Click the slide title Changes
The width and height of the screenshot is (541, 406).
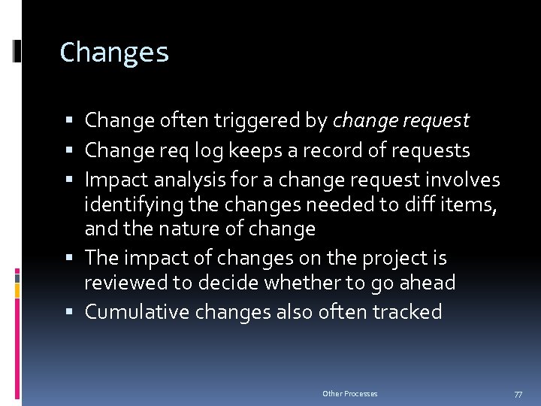[x=114, y=53]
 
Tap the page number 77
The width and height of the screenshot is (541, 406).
[x=518, y=394]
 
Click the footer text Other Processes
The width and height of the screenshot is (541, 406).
[x=350, y=394]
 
